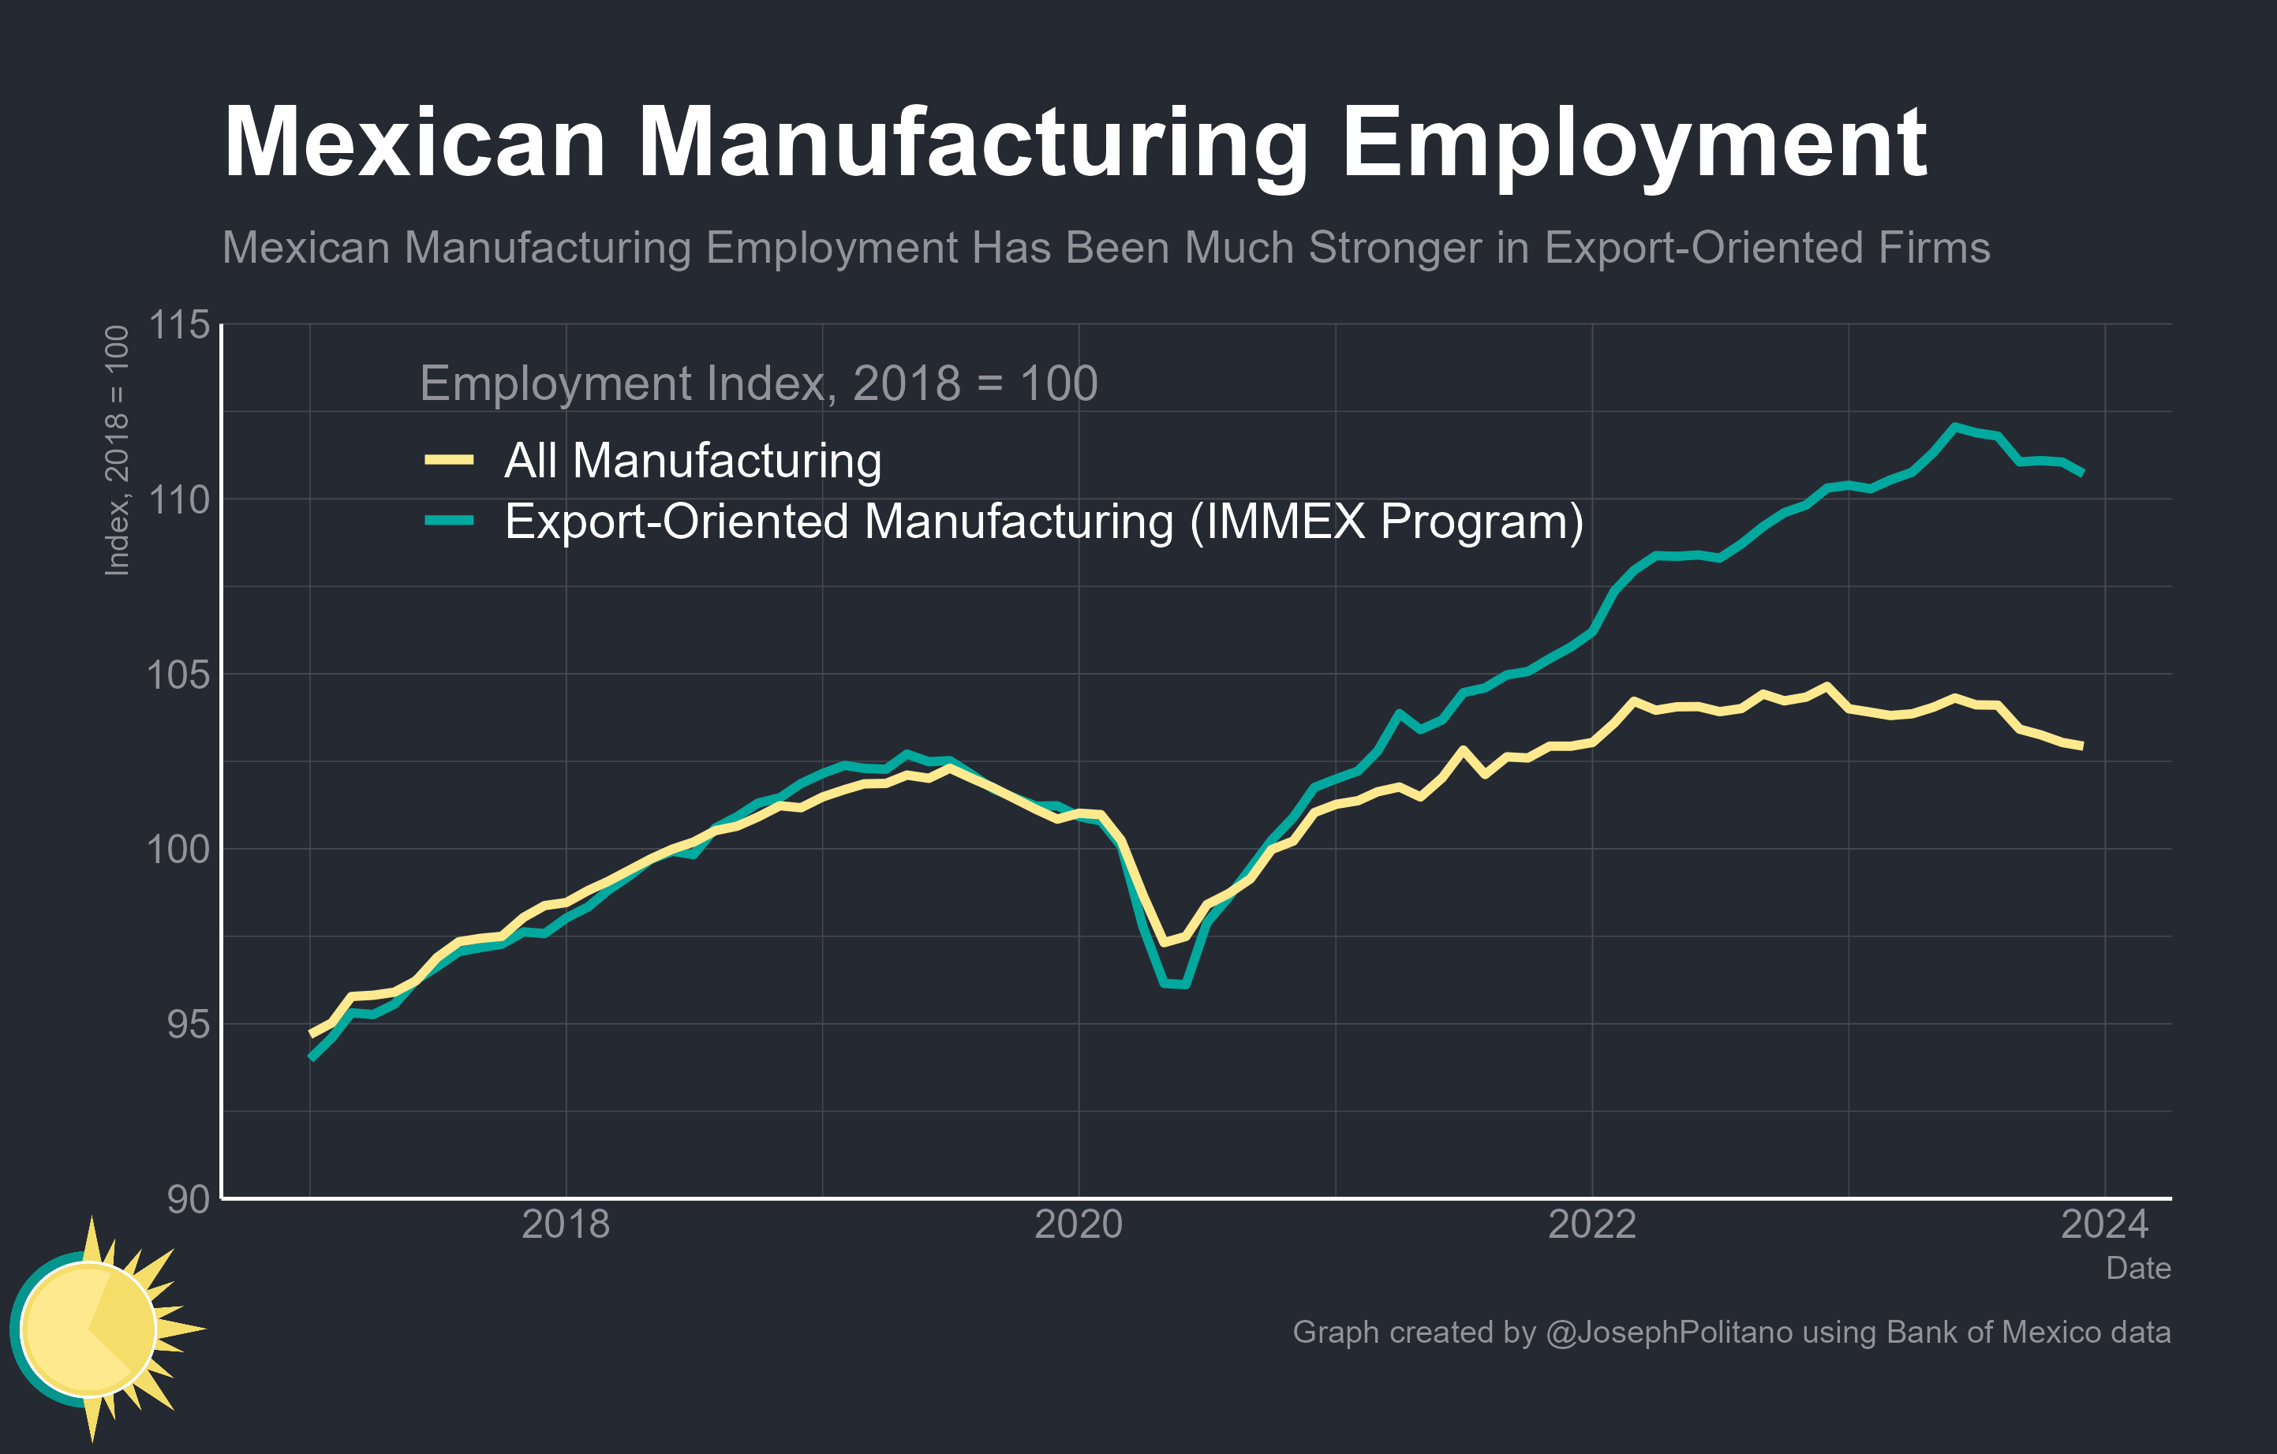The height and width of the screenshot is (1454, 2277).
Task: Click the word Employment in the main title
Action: click(1634, 144)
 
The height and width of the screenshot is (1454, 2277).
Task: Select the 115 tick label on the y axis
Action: click(179, 325)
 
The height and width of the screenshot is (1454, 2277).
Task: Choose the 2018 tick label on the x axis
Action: click(566, 1225)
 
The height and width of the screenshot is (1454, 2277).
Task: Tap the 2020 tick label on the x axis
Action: click(1079, 1225)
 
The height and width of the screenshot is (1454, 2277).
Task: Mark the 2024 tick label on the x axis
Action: click(2104, 1225)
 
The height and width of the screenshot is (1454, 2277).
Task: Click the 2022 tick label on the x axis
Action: click(1591, 1225)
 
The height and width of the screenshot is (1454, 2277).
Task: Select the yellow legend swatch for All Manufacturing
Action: click(449, 461)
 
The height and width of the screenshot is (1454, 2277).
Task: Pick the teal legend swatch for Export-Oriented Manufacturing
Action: click(449, 521)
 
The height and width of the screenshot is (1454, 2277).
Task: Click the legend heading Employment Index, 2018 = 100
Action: click(758, 383)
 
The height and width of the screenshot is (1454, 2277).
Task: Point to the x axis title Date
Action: click(2138, 1269)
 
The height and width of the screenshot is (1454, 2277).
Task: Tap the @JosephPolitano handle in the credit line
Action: click(1668, 1332)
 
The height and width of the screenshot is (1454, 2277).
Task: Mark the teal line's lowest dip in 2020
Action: click(1175, 984)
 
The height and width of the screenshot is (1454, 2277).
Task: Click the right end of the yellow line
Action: click(2081, 746)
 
